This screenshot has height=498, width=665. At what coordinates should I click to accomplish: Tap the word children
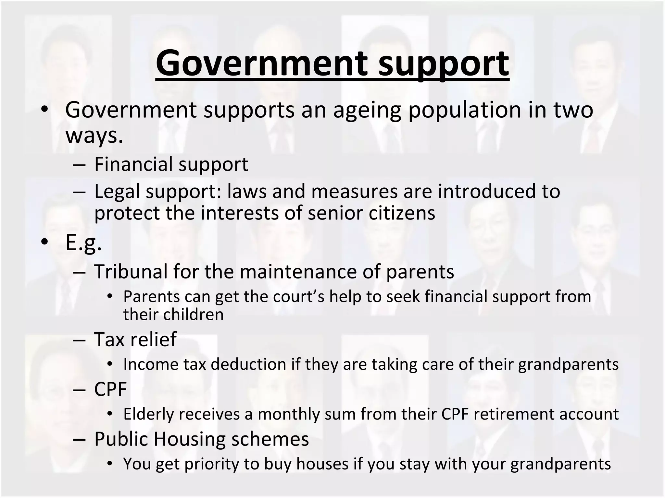[194, 314]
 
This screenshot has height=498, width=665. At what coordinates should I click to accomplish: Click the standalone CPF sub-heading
[110, 389]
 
